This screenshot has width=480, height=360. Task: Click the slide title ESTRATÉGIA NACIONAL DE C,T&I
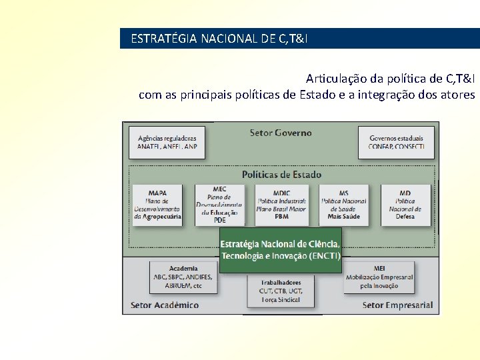tap(219, 39)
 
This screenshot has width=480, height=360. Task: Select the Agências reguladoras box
tap(167, 142)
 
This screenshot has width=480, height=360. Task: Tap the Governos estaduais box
tap(397, 142)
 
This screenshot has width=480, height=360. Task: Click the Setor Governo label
tap(281, 133)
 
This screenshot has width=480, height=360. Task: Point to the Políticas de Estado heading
tap(281, 175)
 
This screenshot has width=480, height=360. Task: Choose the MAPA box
tap(157, 205)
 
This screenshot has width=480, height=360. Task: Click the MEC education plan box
tap(219, 205)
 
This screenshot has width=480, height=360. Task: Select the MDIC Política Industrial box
tap(281, 205)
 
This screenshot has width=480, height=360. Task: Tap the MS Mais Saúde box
tap(343, 205)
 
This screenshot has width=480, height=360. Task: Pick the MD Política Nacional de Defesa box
tap(405, 205)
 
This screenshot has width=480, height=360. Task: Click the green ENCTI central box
tap(281, 250)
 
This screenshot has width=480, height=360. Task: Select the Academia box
tap(183, 277)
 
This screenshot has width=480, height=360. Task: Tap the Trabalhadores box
tap(281, 291)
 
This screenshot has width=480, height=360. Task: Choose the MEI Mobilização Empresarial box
tap(379, 277)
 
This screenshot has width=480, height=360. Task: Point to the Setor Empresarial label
tap(397, 305)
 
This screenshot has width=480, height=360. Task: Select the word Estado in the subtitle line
tap(317, 95)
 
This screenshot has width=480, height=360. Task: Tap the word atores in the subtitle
tap(457, 95)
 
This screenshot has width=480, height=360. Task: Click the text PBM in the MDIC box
tap(281, 217)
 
